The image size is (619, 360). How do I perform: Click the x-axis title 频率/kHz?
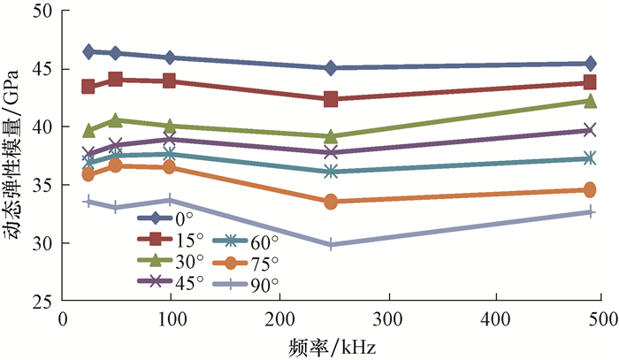(331, 344)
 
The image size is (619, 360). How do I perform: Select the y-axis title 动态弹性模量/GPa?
(16, 155)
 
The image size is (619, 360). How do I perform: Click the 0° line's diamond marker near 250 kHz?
(331, 68)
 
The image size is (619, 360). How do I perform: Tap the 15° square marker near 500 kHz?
(589, 83)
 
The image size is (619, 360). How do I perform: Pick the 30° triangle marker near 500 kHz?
(589, 101)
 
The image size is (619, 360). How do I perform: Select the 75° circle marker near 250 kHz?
(331, 202)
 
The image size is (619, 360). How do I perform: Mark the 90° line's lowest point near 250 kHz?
(331, 244)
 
